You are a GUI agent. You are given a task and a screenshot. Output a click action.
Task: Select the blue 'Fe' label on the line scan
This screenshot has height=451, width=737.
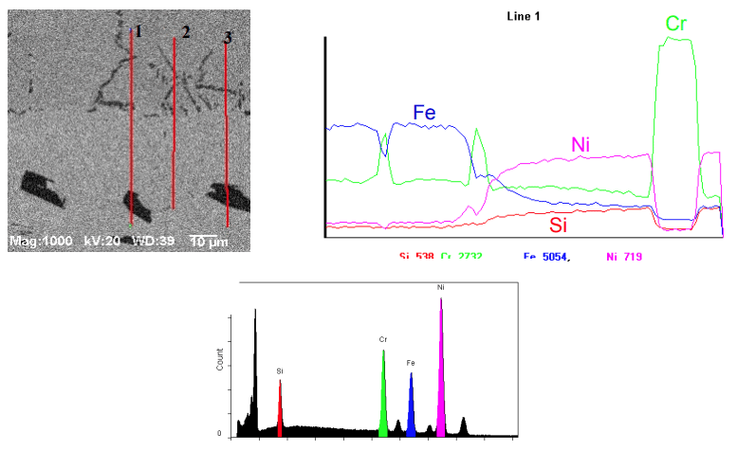pos(424,112)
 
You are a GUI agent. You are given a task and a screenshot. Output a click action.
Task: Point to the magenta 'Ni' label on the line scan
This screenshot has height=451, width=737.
pos(581,144)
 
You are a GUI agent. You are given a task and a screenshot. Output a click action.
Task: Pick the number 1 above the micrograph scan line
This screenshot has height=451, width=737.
pos(138,30)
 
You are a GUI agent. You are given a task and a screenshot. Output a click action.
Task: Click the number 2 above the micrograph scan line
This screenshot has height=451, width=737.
pos(186,31)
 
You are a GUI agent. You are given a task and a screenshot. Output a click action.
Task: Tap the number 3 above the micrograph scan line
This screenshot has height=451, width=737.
pos(228,37)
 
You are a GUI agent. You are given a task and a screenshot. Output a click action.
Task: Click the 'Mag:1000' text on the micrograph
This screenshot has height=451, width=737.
pos(38,242)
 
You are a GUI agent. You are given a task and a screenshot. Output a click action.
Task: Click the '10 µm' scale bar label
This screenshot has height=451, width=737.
pos(210,242)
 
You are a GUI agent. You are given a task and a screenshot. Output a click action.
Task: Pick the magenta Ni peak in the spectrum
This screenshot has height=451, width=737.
pos(441,370)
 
